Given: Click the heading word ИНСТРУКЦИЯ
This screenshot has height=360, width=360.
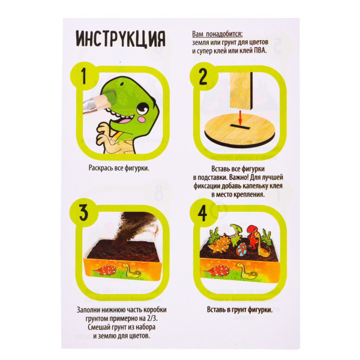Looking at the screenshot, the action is click(x=121, y=38).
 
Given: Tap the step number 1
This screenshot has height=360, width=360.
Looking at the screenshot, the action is click(x=84, y=76).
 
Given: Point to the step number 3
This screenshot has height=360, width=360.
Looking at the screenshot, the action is click(x=84, y=212).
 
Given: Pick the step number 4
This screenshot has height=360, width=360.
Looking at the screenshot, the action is click(x=202, y=213).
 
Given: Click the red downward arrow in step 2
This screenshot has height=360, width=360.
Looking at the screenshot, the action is click(x=240, y=118).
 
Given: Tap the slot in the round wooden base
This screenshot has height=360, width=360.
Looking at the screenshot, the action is click(x=240, y=127).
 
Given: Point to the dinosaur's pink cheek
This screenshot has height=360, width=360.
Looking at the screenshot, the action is click(x=143, y=119).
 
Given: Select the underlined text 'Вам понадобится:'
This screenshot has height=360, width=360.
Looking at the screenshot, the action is click(x=217, y=34).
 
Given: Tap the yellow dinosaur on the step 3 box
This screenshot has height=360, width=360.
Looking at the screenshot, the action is click(x=131, y=270).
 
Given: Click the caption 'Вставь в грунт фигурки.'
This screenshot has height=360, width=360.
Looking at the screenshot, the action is click(x=239, y=310).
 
